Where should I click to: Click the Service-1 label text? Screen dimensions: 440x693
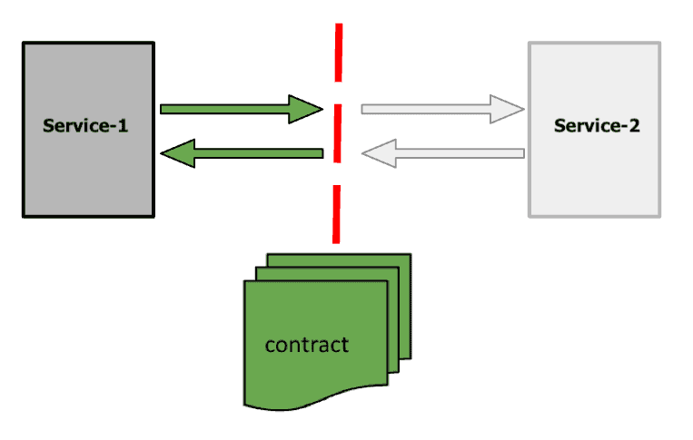[85, 126]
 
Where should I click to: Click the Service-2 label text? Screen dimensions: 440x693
[596, 126]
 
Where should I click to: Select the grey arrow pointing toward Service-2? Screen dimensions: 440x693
[427, 109]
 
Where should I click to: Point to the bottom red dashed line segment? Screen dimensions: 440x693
[336, 214]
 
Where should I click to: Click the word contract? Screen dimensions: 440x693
[306, 345]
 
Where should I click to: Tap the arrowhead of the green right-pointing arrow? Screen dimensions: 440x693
[307, 109]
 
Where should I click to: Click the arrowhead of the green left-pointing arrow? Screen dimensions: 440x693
[177, 153]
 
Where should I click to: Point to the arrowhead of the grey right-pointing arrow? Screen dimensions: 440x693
[510, 109]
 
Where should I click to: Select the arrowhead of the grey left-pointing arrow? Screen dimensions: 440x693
[378, 153]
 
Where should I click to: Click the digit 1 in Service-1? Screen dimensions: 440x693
[123, 126]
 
